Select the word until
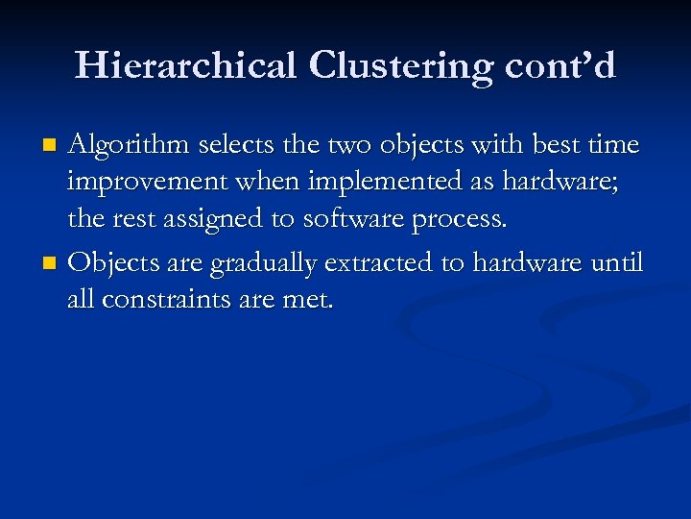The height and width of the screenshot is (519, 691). click(x=616, y=262)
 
